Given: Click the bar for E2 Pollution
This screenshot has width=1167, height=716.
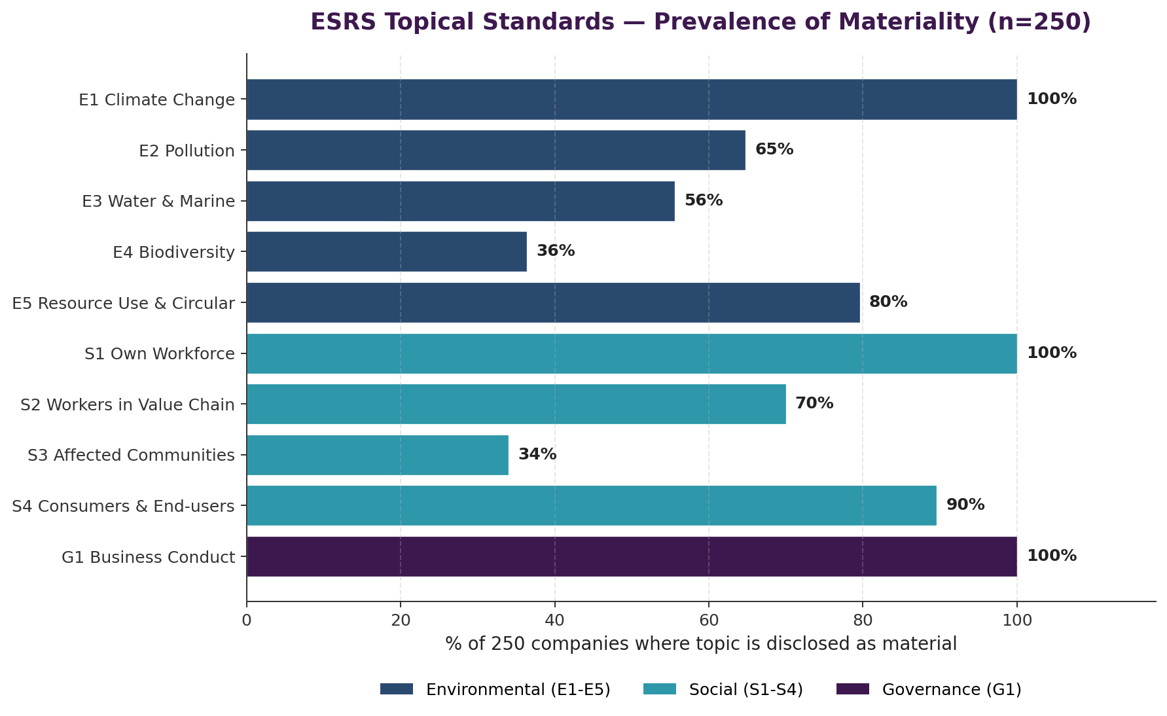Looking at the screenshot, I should [495, 150].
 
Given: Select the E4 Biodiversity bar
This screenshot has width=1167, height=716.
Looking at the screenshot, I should [386, 251].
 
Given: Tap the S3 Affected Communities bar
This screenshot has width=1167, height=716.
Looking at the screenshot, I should [377, 455].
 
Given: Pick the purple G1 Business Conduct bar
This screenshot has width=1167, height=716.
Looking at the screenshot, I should [631, 556].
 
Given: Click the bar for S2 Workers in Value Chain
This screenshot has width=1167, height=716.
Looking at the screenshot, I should [516, 404].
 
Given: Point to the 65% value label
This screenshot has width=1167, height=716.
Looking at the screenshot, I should [774, 149].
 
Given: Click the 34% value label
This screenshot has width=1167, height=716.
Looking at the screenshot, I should [537, 454].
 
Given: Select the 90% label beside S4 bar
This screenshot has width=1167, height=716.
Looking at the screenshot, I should [965, 505].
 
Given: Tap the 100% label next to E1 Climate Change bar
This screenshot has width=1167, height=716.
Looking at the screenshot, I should [1051, 99].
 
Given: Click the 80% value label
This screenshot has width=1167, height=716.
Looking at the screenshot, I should [888, 302].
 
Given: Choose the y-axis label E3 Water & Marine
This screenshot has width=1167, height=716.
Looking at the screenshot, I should [158, 202].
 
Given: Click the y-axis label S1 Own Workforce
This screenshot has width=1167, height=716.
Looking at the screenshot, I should [159, 354].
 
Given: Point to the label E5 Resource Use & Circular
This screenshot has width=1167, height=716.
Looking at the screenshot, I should [123, 304].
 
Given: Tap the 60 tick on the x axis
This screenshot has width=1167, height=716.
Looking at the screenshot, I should [708, 620].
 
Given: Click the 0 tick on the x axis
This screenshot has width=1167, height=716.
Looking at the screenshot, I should [247, 620].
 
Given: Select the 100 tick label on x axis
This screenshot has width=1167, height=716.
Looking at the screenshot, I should [1016, 620].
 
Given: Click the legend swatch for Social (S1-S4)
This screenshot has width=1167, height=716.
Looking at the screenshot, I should [659, 689].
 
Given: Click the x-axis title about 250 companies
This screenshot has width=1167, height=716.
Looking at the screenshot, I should [700, 643].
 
